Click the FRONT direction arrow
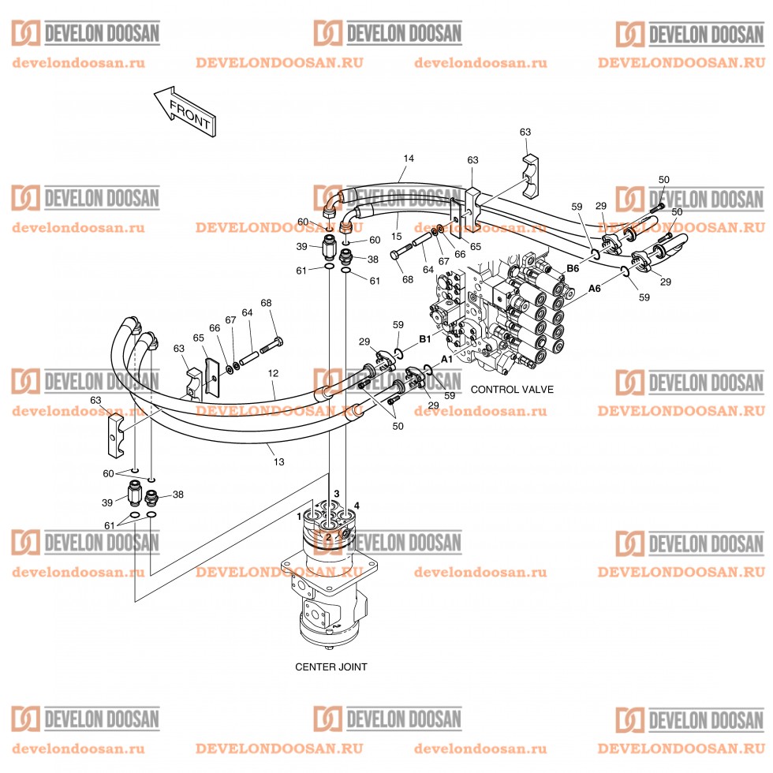pos(185,113)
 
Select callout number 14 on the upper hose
pos(408,159)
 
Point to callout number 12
pos(273,372)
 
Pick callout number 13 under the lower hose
pos(278,461)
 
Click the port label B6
pos(573,269)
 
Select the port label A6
pos(594,289)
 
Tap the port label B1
pos(424,339)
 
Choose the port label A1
pos(446,358)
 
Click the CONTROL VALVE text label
pos(512,390)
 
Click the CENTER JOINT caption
pos(330,667)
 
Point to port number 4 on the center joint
pos(357,506)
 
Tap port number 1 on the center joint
pos(299,517)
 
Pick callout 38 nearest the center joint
pos(177,495)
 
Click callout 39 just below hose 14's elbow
pos(301,247)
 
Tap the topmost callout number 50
pos(663,180)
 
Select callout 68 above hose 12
pos(266,303)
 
